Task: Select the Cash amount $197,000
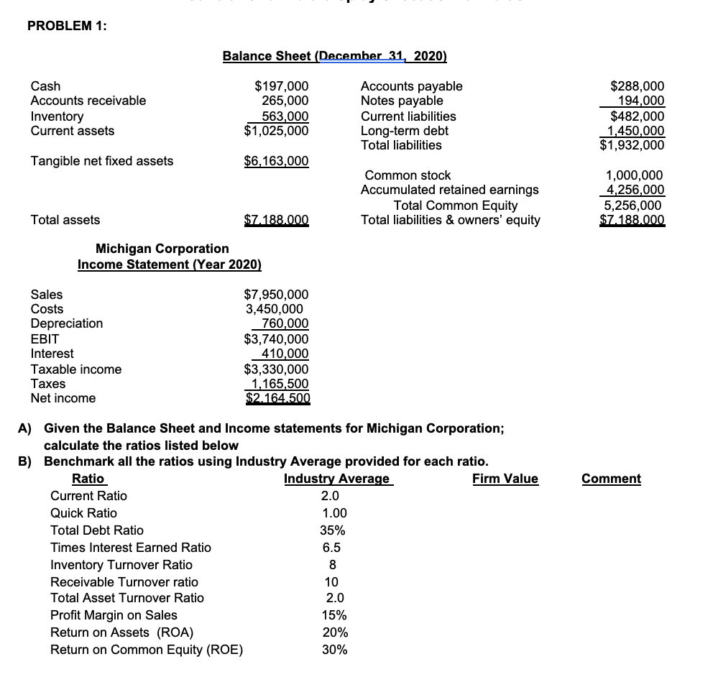(282, 86)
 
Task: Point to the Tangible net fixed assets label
(101, 161)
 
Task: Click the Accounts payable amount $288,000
(637, 86)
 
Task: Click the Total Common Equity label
(455, 205)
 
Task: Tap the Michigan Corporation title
(162, 249)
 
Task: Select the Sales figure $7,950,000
(277, 295)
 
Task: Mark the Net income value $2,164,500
(277, 398)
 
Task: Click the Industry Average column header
(336, 479)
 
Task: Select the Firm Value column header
(505, 479)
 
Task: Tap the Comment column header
(611, 479)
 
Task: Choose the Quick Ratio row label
(83, 513)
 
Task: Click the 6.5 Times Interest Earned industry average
(331, 548)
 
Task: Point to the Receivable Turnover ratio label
(124, 581)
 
